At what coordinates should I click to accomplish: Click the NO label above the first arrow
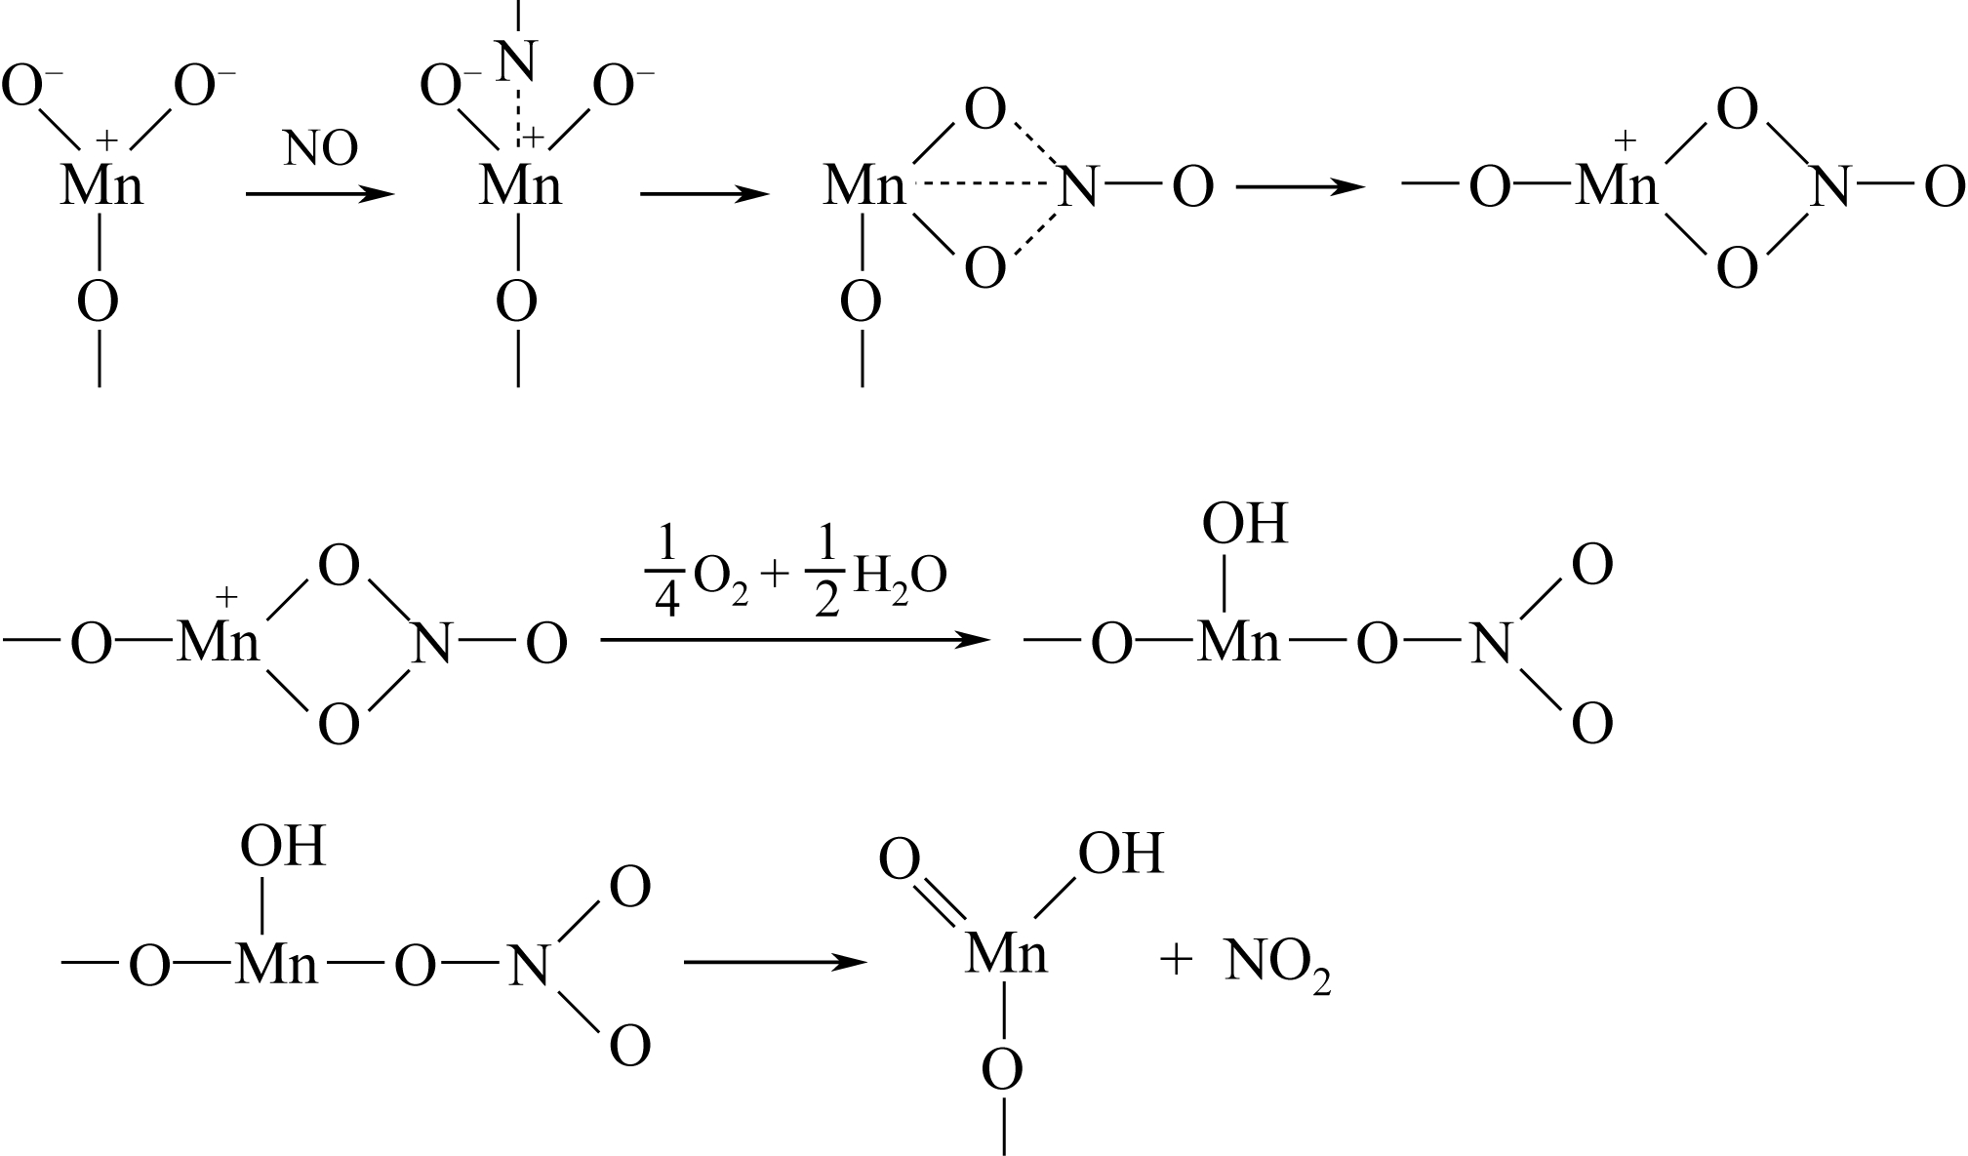pos(320,149)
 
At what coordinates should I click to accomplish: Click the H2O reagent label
pos(899,578)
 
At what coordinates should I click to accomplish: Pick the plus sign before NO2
pos(1177,962)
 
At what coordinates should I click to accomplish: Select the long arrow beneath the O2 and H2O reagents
pos(794,640)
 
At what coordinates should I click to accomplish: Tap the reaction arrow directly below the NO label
pos(320,194)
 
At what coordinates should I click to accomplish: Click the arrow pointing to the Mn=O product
pos(775,963)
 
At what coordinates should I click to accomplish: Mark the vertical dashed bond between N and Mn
pos(517,117)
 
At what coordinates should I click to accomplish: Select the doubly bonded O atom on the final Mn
pos(899,860)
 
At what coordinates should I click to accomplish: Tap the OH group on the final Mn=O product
pos(1121,855)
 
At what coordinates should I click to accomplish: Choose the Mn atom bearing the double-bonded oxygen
pos(1006,954)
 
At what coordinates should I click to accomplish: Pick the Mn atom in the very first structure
pos(101,185)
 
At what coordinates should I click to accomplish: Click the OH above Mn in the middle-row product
pos(1244,525)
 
